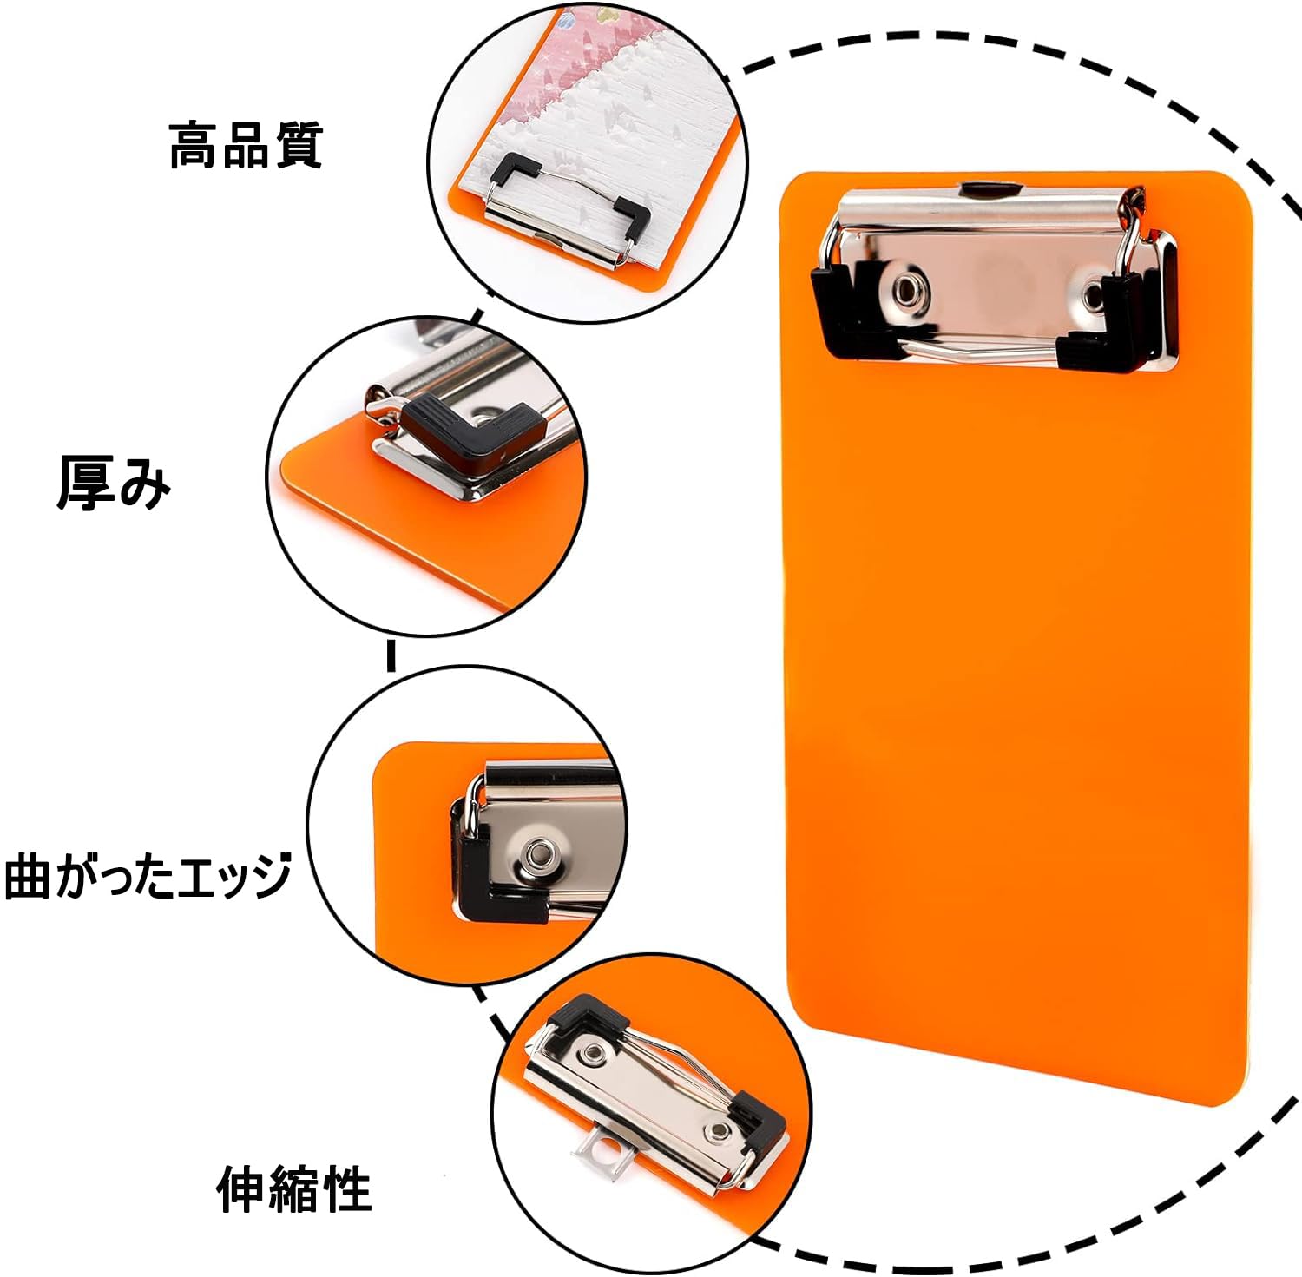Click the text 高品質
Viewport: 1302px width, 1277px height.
246,146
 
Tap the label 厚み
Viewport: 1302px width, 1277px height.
114,483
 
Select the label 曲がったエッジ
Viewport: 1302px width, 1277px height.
148,875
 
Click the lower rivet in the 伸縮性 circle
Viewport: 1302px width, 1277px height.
719,1130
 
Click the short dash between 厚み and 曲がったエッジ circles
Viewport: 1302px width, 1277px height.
391,655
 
